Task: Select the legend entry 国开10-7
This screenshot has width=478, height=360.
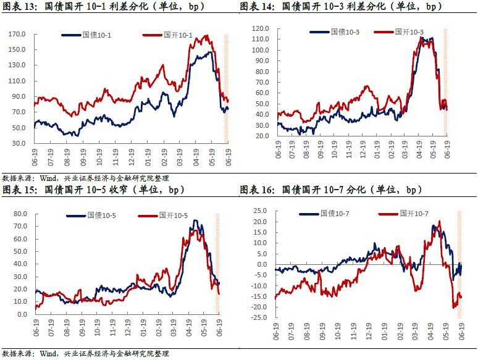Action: (414, 213)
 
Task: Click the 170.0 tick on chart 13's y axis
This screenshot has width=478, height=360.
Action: (17, 35)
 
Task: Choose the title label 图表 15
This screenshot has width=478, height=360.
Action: (19, 190)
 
